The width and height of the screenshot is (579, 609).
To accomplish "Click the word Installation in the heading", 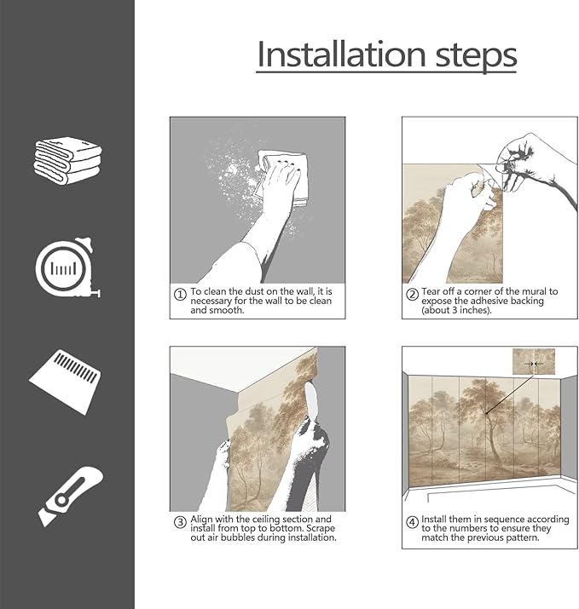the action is coord(341,55).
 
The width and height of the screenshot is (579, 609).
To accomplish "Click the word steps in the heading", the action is coord(476,57).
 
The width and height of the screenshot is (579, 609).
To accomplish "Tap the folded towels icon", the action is coord(67,160).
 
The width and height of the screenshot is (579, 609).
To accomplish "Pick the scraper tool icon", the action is coord(66,382).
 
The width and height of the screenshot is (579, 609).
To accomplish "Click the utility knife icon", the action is coord(71,497).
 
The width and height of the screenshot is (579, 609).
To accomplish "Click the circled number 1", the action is coord(180,295).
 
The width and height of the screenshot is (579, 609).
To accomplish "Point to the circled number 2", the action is coord(412,295).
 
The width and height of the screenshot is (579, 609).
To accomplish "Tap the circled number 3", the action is coord(180,522).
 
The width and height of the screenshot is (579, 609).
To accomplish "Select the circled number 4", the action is coord(412,522).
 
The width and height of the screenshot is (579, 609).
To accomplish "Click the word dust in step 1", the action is coord(255,291).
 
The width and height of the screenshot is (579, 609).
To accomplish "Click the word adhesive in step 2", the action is coord(487,301).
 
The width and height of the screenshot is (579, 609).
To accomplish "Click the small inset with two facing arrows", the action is coord(534,362).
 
